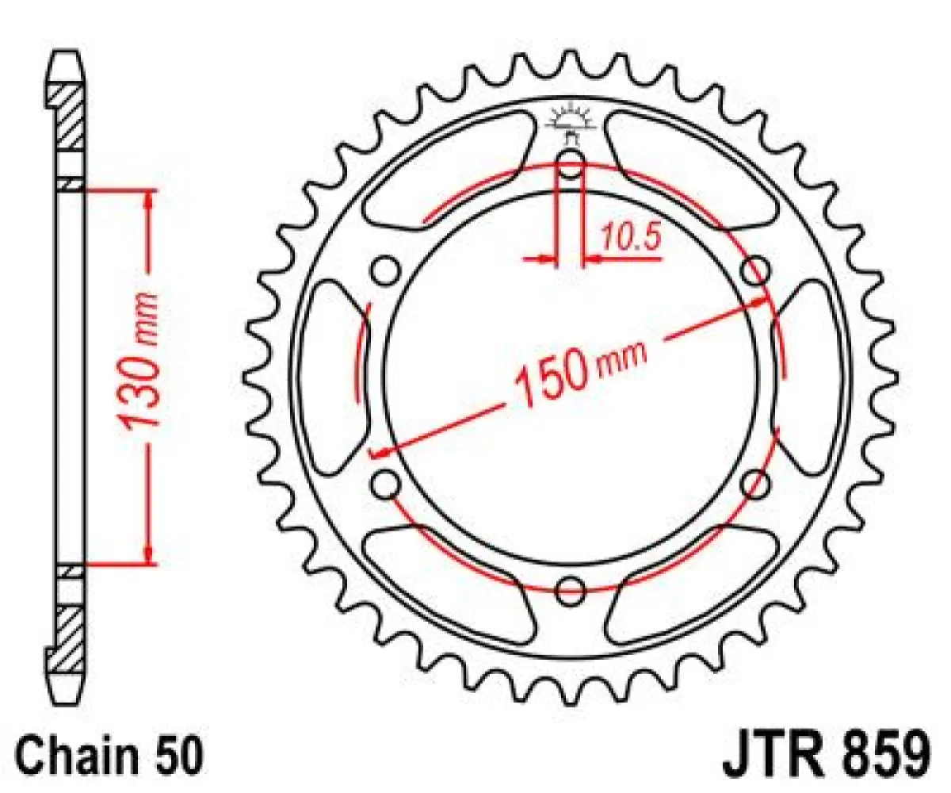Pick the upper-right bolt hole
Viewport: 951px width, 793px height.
click(755, 270)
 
